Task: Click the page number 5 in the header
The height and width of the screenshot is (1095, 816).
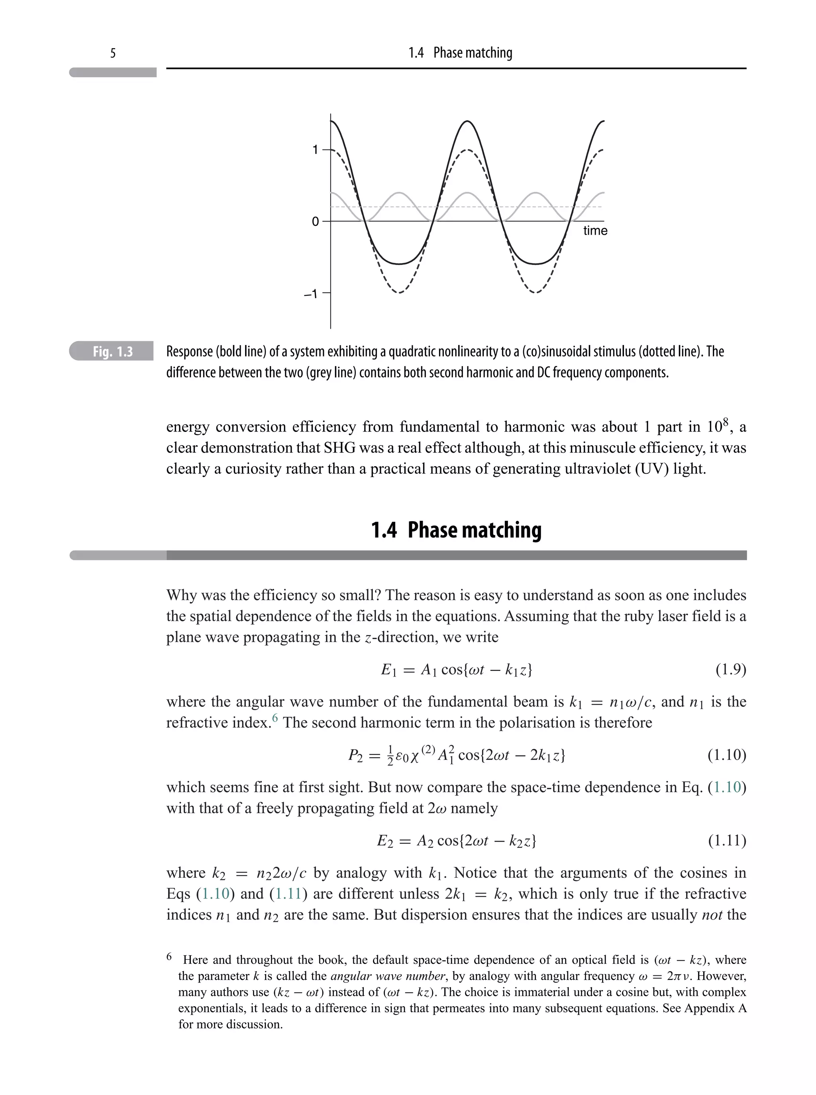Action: (x=113, y=53)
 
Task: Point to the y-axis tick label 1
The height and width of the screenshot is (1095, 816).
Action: (x=315, y=150)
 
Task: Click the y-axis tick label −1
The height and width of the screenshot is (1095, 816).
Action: (x=311, y=294)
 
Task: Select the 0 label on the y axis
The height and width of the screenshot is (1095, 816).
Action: (x=315, y=222)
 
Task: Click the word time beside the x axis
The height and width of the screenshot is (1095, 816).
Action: (x=595, y=231)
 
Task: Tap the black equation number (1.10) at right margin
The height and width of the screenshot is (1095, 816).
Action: (x=727, y=755)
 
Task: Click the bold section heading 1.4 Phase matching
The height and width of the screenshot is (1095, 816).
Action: (x=456, y=530)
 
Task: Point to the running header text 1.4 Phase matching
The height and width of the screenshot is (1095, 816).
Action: (x=460, y=53)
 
